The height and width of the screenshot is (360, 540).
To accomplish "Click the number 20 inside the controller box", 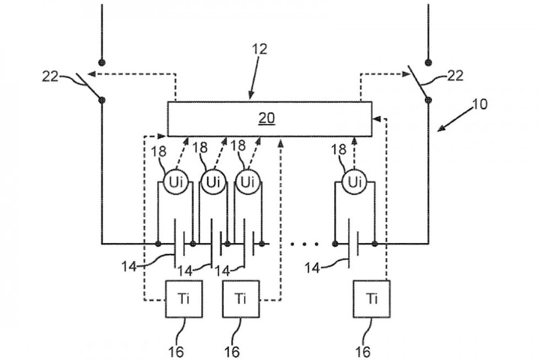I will point(268,118).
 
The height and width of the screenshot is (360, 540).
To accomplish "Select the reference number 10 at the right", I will point(480,104).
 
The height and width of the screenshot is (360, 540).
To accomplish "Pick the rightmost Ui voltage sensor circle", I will point(354,181).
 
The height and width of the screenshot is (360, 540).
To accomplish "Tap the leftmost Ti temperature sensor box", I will point(184,299).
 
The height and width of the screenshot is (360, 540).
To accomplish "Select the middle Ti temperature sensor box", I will point(240,299).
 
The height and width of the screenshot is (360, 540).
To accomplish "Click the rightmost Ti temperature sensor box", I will point(372,299).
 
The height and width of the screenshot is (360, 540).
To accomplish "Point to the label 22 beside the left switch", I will point(51,76).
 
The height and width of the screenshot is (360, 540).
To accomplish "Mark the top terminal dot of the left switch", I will point(102,62).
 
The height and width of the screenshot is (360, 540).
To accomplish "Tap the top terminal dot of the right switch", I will point(428,62).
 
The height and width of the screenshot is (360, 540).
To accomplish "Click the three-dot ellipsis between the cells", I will point(303,243).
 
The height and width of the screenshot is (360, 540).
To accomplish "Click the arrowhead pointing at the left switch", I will point(91,73).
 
